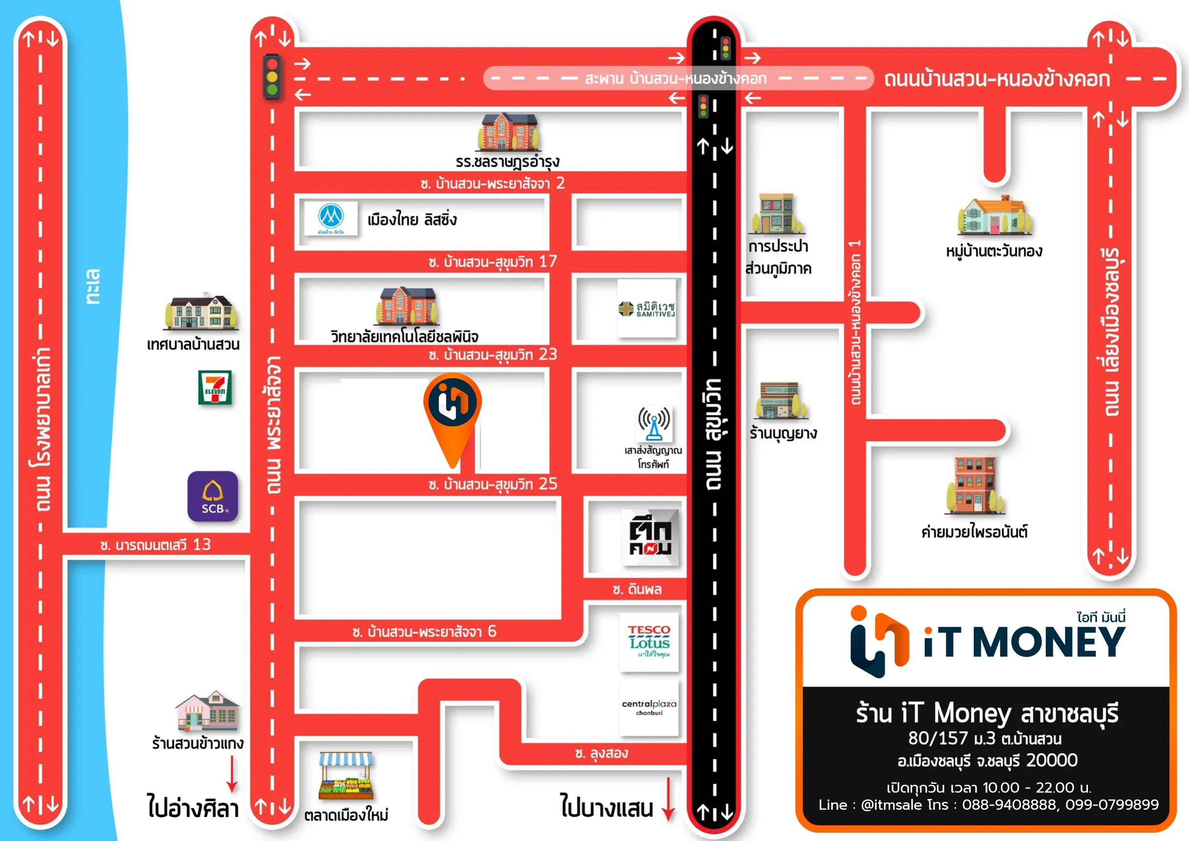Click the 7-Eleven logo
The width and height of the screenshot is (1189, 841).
[215, 387]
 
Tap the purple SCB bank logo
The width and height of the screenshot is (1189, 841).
[213, 496]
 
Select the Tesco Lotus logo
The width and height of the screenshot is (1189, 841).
[649, 642]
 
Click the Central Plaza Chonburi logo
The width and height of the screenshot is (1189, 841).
[649, 708]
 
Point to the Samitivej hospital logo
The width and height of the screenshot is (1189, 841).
[647, 308]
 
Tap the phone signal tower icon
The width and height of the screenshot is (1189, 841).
[653, 423]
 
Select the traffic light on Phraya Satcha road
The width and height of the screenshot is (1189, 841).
[272, 76]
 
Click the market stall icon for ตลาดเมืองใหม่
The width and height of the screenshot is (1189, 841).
[345, 775]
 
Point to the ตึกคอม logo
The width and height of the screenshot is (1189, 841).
[650, 538]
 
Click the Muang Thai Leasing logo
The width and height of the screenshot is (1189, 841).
[331, 218]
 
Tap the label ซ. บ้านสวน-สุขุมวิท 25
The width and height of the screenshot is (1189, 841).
[493, 484]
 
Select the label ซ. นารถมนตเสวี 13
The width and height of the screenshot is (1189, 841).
[155, 544]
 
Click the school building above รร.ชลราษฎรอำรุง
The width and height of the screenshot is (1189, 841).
[508, 132]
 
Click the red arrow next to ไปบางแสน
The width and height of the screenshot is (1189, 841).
[668, 798]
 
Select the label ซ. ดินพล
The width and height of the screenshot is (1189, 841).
[637, 589]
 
